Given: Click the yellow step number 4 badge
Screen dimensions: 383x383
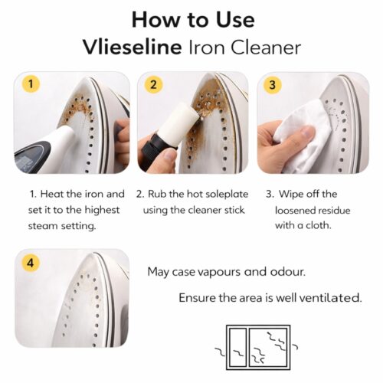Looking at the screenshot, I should [30, 262].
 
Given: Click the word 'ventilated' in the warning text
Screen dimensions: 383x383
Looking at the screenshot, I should [329, 297].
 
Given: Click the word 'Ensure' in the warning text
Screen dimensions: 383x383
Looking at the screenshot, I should [196, 297].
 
